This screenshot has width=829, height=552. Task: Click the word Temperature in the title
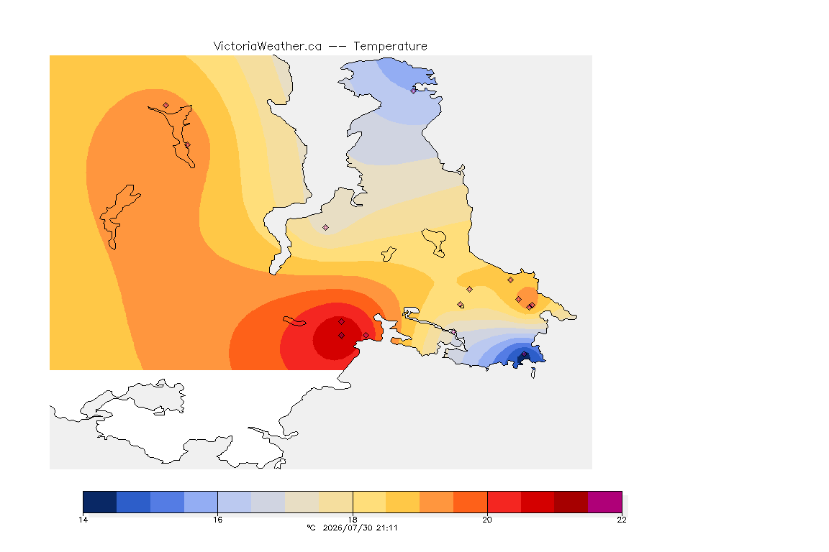(x=390, y=47)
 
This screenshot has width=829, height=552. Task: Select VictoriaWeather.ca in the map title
(x=268, y=47)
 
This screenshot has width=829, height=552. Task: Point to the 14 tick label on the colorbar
(x=83, y=520)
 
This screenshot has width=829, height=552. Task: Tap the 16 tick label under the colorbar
(x=218, y=520)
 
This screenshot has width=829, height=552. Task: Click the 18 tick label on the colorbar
(x=353, y=520)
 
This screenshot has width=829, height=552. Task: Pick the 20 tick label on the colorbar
(x=487, y=520)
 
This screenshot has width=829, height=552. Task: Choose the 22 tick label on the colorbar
(x=622, y=520)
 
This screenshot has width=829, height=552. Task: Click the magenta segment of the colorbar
(x=604, y=502)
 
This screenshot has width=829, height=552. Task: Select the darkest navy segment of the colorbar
(x=100, y=502)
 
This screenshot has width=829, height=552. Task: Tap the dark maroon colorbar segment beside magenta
(x=571, y=502)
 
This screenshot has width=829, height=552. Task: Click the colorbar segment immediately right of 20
(x=504, y=502)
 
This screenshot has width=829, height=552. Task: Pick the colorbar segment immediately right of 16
(x=235, y=502)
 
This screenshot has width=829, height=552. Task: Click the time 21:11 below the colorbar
(x=387, y=528)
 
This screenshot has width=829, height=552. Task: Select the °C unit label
(x=311, y=528)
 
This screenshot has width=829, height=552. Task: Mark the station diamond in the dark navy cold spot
(x=524, y=354)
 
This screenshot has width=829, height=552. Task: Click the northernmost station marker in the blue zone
(x=414, y=91)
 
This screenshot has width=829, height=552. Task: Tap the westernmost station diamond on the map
(x=166, y=106)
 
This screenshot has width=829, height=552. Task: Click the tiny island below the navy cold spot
(x=533, y=373)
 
